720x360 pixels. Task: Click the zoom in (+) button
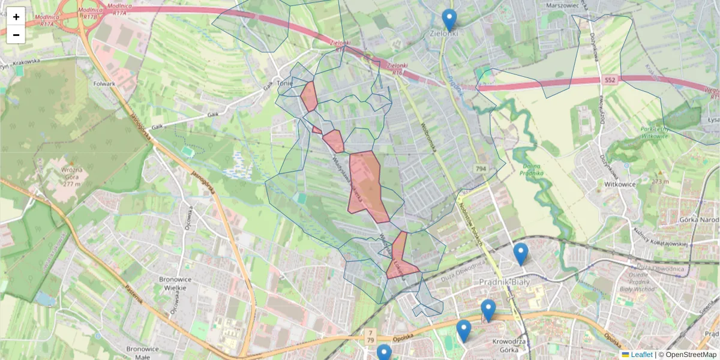(x=16, y=16)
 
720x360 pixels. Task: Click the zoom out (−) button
(x=16, y=35)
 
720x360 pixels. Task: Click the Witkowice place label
(x=620, y=184)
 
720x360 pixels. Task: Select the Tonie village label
(x=284, y=83)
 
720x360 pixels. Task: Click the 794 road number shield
(x=480, y=169)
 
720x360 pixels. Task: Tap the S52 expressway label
(x=610, y=79)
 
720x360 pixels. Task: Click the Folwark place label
(x=104, y=83)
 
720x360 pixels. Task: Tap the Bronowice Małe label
(x=139, y=353)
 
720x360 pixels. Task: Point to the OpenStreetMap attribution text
(x=691, y=355)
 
